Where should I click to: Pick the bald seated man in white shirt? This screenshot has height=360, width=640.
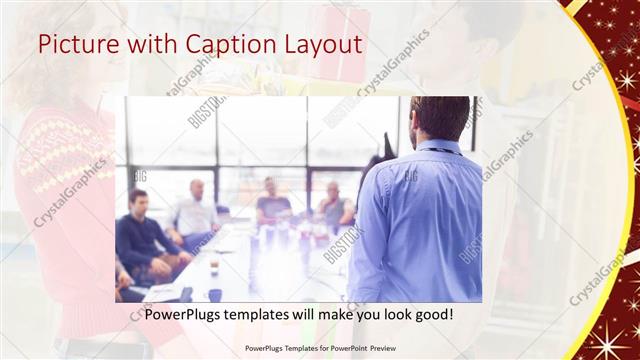click(194, 210)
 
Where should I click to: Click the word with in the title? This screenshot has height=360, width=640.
click(146, 45)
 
